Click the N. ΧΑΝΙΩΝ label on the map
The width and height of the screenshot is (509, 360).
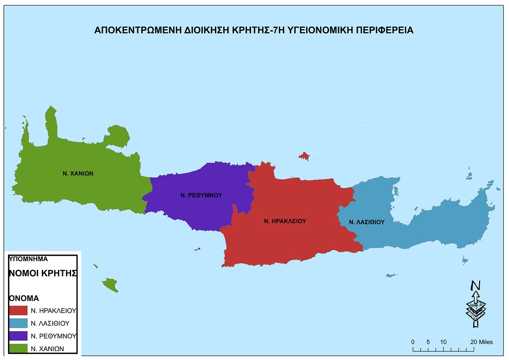79,174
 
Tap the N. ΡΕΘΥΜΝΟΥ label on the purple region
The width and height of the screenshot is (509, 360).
201,195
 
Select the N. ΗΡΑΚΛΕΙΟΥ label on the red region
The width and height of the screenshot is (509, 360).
285,220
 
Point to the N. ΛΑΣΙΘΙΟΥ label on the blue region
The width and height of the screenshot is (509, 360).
367,222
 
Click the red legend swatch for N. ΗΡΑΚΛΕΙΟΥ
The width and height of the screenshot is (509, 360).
18,310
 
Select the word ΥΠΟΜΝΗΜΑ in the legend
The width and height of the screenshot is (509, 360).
28,259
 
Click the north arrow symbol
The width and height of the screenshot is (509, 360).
476,303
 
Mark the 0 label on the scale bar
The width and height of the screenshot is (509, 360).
413,342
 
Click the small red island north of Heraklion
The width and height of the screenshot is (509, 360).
304,156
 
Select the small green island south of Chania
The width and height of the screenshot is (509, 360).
110,285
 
